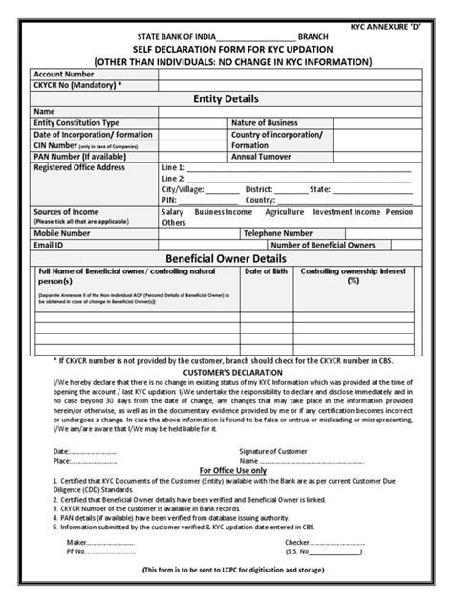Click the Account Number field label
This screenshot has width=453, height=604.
point(64,73)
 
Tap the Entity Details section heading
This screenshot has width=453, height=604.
point(226,98)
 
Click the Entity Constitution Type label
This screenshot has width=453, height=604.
point(76,123)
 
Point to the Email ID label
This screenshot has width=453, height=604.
point(49,244)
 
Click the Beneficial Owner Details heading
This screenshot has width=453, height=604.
point(226,259)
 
